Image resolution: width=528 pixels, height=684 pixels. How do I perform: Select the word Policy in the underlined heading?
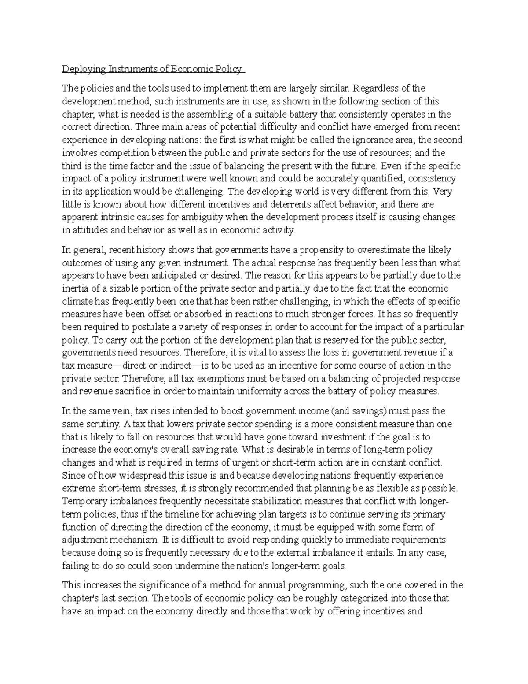(228, 69)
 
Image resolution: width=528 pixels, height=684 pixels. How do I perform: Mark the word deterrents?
(288, 205)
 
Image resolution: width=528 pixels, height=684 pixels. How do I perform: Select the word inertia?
(75, 289)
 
